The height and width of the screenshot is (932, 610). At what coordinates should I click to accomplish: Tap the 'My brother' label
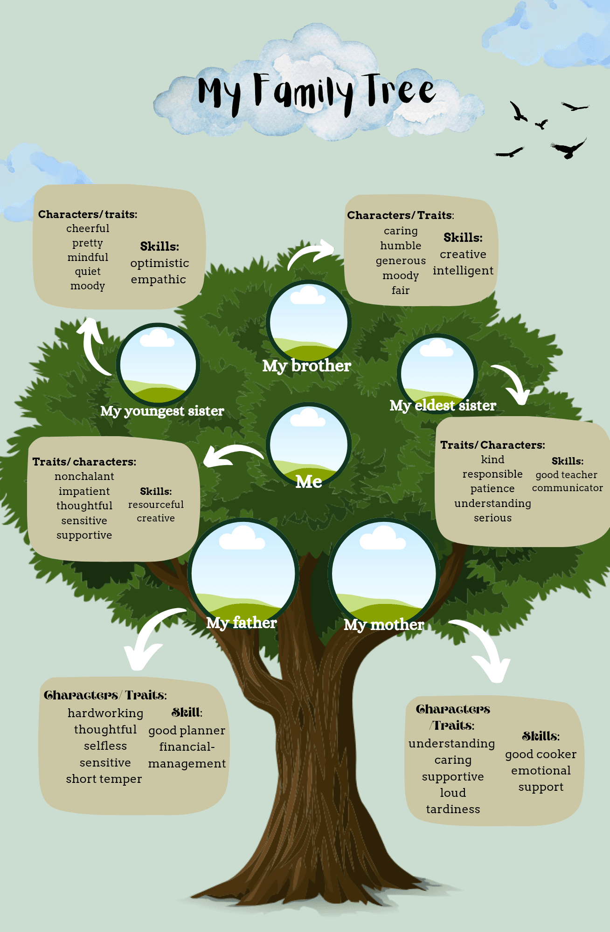tap(306, 366)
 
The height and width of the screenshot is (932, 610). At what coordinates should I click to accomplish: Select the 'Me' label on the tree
tap(309, 481)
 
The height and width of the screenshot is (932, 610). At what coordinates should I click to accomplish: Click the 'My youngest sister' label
tap(162, 411)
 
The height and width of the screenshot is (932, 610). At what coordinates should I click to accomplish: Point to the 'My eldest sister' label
tap(443, 405)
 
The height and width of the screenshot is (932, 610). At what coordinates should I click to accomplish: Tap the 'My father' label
tap(242, 623)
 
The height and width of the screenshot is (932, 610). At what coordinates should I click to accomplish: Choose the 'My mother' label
tap(384, 624)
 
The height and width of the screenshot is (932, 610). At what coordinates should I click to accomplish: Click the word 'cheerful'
tap(88, 228)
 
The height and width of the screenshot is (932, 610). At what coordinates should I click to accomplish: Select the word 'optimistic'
tap(159, 263)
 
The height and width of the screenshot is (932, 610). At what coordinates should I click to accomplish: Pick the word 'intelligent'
tap(463, 271)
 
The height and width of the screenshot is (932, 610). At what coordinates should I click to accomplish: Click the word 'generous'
tap(401, 260)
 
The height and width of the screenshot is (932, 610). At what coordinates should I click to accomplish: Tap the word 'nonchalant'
tap(84, 476)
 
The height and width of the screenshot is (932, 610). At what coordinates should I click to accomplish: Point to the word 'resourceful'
tap(156, 505)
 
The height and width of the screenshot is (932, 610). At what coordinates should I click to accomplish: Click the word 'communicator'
tap(567, 488)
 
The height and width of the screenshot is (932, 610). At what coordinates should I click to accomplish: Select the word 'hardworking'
tap(105, 713)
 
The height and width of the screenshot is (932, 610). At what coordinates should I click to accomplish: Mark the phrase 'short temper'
tap(104, 779)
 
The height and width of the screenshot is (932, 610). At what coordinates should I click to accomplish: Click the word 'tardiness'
tap(453, 809)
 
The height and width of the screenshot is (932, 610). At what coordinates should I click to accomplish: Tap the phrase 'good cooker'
tap(541, 754)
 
